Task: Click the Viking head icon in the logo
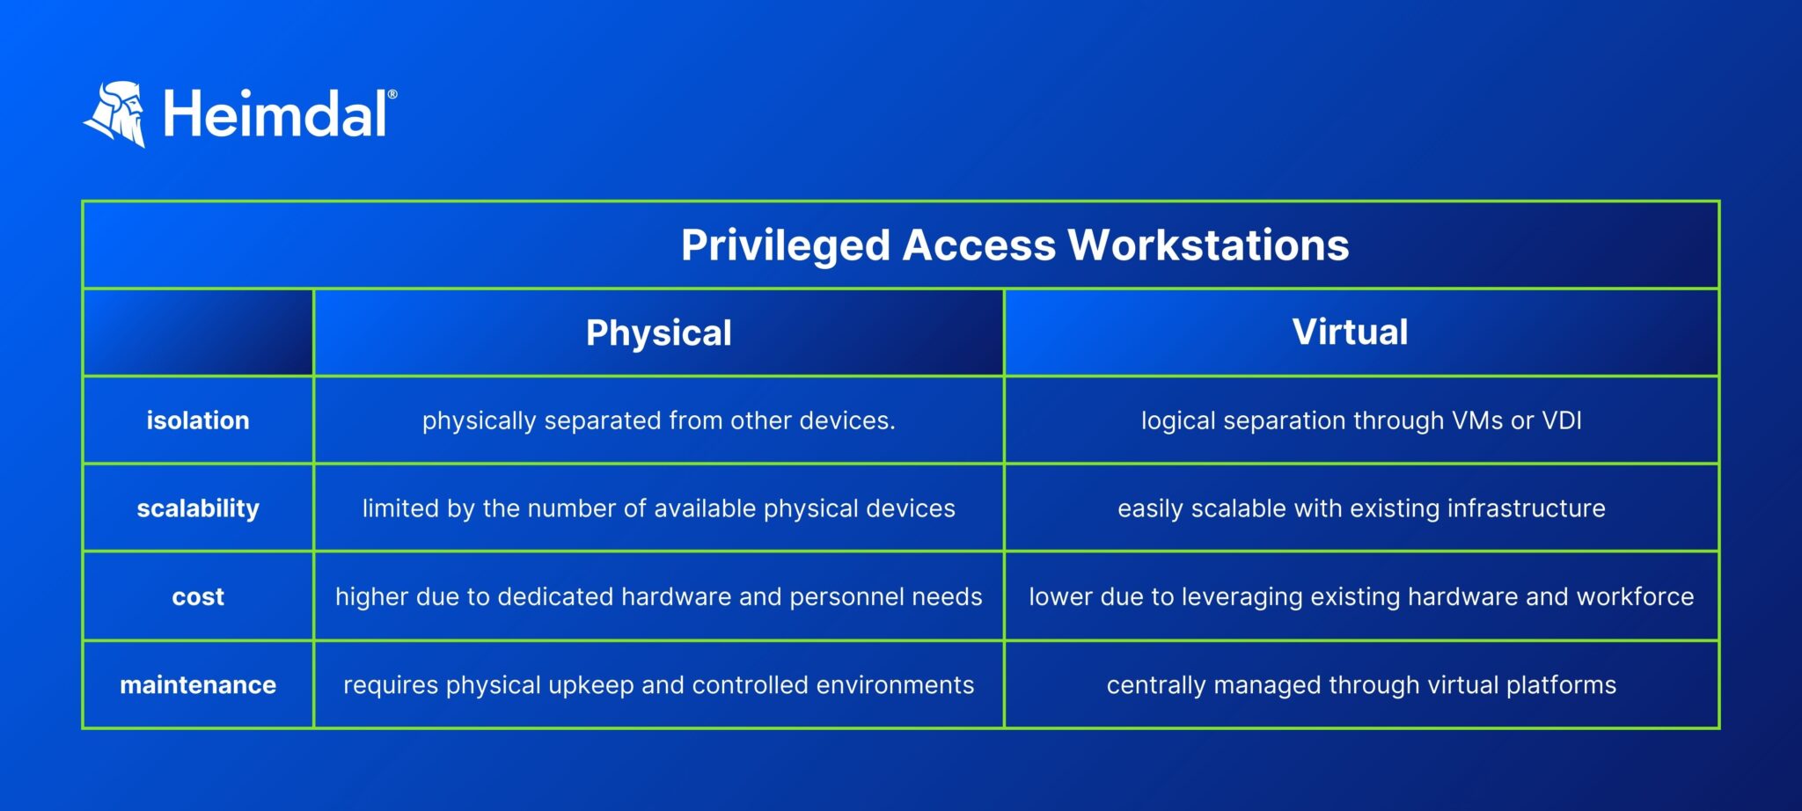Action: (x=116, y=114)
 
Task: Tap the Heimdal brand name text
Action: (x=275, y=115)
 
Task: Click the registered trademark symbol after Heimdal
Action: (x=392, y=94)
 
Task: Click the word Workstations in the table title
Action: (x=1208, y=245)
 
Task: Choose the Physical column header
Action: (x=658, y=333)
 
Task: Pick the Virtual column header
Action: (x=1350, y=332)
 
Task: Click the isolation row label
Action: (x=198, y=420)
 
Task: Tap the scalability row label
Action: (x=198, y=508)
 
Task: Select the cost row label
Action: (x=198, y=597)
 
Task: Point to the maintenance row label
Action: (x=198, y=685)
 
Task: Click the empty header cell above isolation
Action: (x=198, y=332)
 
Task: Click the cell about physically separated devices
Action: (x=658, y=420)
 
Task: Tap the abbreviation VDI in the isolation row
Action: (x=1562, y=420)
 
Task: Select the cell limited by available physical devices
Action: (x=658, y=508)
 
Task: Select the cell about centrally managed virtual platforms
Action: (x=1361, y=685)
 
